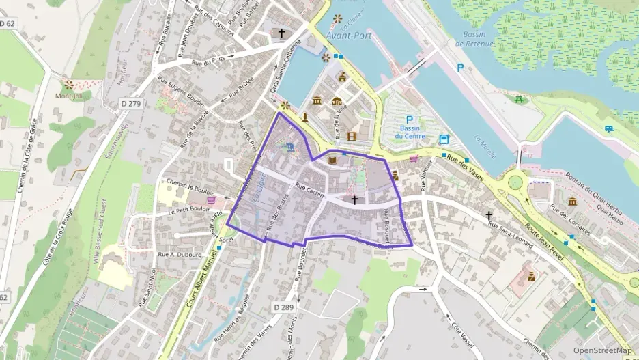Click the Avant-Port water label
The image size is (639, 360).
coord(349,36)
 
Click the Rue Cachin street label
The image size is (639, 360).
coord(309,188)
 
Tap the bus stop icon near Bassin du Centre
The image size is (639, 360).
coord(444,139)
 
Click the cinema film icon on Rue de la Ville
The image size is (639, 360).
coord(351,136)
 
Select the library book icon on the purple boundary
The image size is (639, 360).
coord(332,161)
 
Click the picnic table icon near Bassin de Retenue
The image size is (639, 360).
coord(520,100)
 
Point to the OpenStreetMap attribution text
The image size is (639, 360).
coord(602,350)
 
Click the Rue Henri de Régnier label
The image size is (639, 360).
coord(229,320)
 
